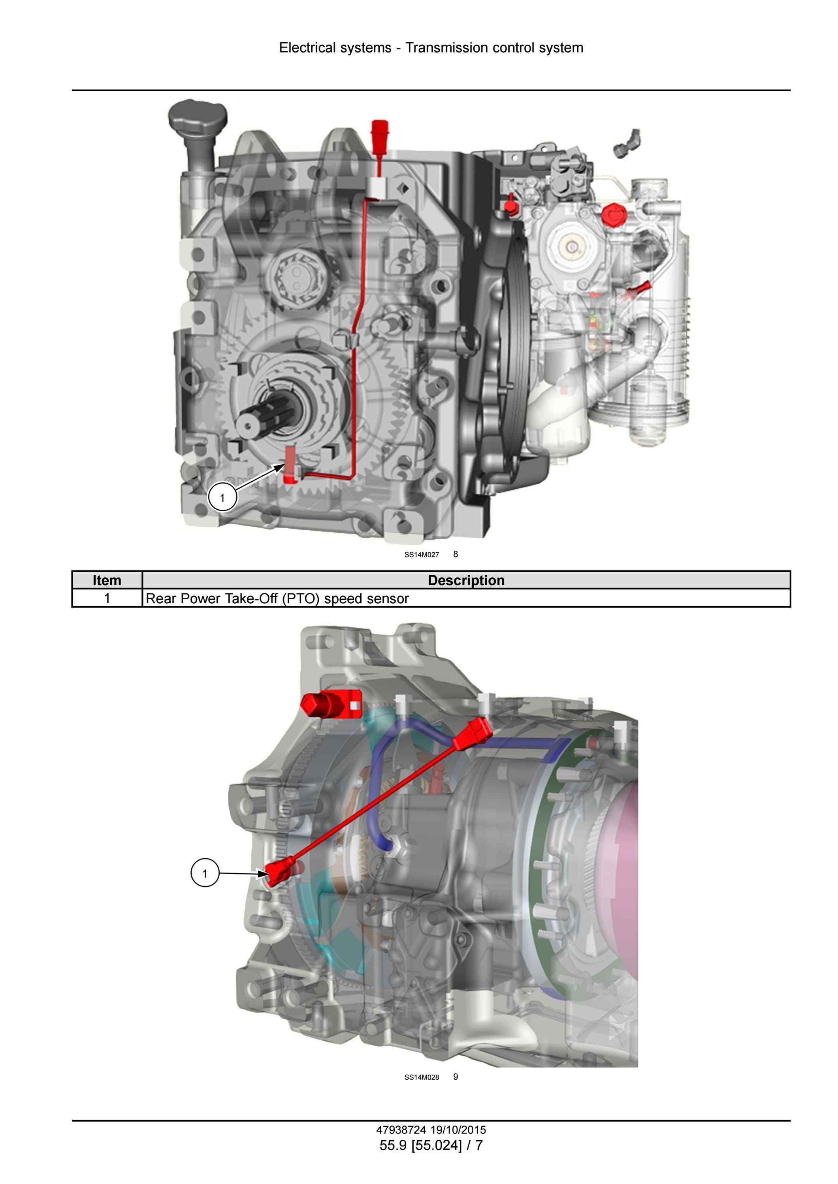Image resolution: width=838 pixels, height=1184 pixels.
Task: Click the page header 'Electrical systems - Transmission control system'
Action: tap(431, 47)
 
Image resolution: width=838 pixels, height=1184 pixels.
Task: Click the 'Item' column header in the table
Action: tap(107, 580)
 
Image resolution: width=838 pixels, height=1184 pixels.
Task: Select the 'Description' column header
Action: tap(466, 580)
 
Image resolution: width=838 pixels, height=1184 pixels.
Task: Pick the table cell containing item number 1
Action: tap(107, 598)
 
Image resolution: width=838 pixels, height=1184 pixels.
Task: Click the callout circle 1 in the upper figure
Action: tap(222, 497)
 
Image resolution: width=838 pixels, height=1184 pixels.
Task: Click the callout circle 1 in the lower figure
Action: tap(205, 873)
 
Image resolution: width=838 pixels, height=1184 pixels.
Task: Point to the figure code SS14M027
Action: tap(422, 555)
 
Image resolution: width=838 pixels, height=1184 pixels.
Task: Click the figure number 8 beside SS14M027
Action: tap(456, 554)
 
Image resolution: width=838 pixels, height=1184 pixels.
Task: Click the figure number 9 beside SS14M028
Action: tap(456, 1077)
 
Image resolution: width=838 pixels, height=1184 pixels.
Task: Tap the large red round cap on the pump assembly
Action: tap(614, 214)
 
